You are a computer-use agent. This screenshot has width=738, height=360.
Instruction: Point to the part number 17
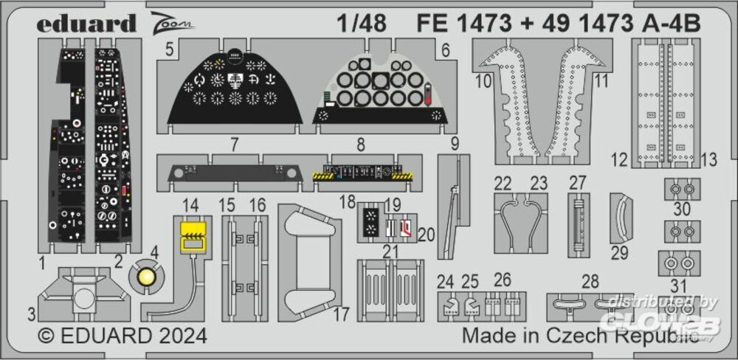pos(341,315)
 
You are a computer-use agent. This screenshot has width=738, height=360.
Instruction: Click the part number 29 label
pos(620,254)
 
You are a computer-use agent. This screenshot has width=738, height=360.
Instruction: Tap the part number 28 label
pos(590,281)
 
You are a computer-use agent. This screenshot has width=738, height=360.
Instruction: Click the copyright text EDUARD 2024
pos(123,336)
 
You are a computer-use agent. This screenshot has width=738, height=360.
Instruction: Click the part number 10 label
pos(483,81)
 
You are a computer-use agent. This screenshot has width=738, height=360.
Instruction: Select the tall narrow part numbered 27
pos(579,226)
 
